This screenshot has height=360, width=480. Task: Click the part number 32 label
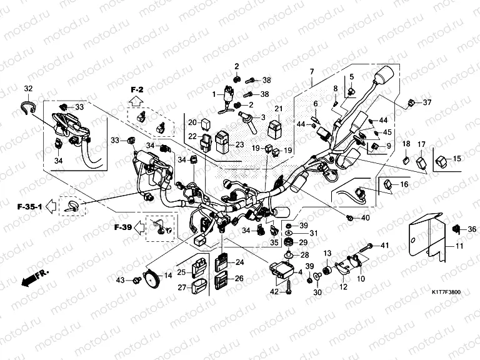[x=28, y=87]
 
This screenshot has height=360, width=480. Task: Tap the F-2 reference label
[x=137, y=90]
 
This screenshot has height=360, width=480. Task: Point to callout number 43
[x=121, y=279]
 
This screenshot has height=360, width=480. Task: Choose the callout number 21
[x=279, y=109]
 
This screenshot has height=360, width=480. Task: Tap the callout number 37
[x=427, y=102]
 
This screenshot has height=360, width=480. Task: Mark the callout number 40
[x=366, y=218]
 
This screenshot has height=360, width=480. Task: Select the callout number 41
[x=384, y=244]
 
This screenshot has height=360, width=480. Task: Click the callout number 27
[x=182, y=287]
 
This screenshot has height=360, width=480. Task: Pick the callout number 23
[x=239, y=145]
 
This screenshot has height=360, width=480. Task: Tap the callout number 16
[x=404, y=184]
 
